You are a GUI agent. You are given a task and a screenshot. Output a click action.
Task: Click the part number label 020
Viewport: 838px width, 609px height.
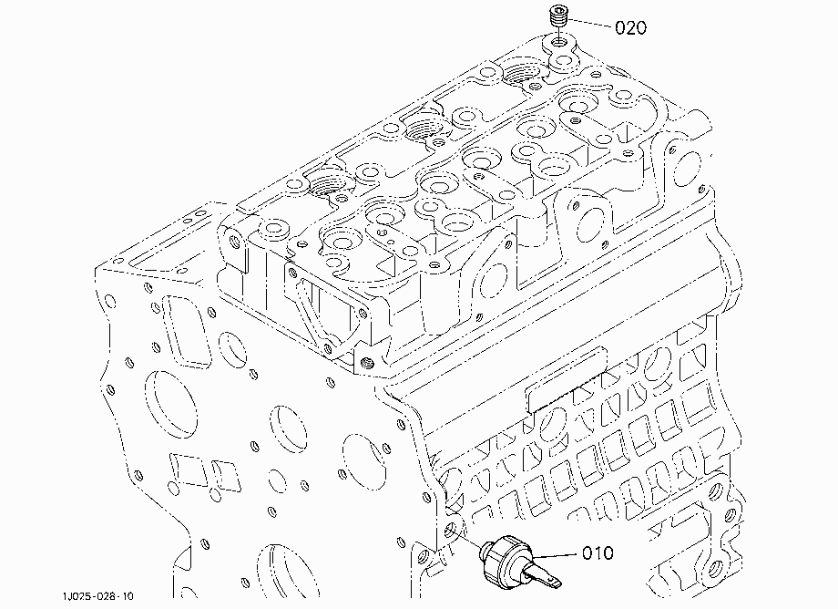coord(630,27)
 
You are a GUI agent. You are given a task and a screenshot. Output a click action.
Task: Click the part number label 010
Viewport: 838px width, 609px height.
coord(598,552)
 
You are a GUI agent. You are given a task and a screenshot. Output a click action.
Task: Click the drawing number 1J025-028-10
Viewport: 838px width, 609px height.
coord(97,596)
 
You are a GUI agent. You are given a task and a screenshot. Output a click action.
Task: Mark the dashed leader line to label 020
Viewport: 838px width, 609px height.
coord(589,23)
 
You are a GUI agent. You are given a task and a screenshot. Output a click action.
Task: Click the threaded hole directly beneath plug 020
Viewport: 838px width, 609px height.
coord(559,41)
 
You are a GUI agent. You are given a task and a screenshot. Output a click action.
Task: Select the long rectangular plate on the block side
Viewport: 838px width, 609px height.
coord(567,379)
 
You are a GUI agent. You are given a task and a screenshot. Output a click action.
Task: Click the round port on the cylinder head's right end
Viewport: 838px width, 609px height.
coord(689,167)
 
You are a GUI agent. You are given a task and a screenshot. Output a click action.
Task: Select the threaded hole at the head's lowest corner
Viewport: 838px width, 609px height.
coord(366,364)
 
